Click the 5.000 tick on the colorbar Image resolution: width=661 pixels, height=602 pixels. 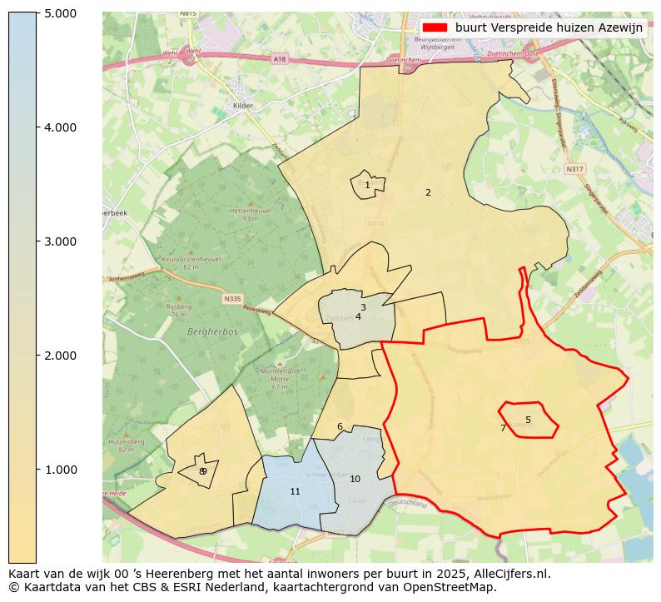(60, 13)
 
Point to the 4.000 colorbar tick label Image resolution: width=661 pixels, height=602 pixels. (60, 127)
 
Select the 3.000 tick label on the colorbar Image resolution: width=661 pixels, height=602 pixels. (60, 241)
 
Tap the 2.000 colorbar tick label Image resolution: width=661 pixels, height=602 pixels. (60, 356)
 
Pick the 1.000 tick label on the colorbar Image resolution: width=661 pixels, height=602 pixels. (60, 470)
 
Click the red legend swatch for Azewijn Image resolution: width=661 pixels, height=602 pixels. (435, 27)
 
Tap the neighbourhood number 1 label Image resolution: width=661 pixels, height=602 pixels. (367, 186)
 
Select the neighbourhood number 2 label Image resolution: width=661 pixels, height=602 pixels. (428, 192)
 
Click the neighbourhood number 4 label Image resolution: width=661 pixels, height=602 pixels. (358, 316)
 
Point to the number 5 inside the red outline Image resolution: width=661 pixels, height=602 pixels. (528, 420)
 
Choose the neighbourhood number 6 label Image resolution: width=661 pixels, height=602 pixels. (340, 426)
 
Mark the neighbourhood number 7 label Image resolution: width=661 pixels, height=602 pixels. (503, 428)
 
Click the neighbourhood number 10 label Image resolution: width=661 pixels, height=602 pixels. (355, 479)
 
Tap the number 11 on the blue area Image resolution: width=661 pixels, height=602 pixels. (295, 491)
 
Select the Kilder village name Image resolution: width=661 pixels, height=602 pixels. (242, 106)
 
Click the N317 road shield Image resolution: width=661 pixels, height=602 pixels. (574, 169)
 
